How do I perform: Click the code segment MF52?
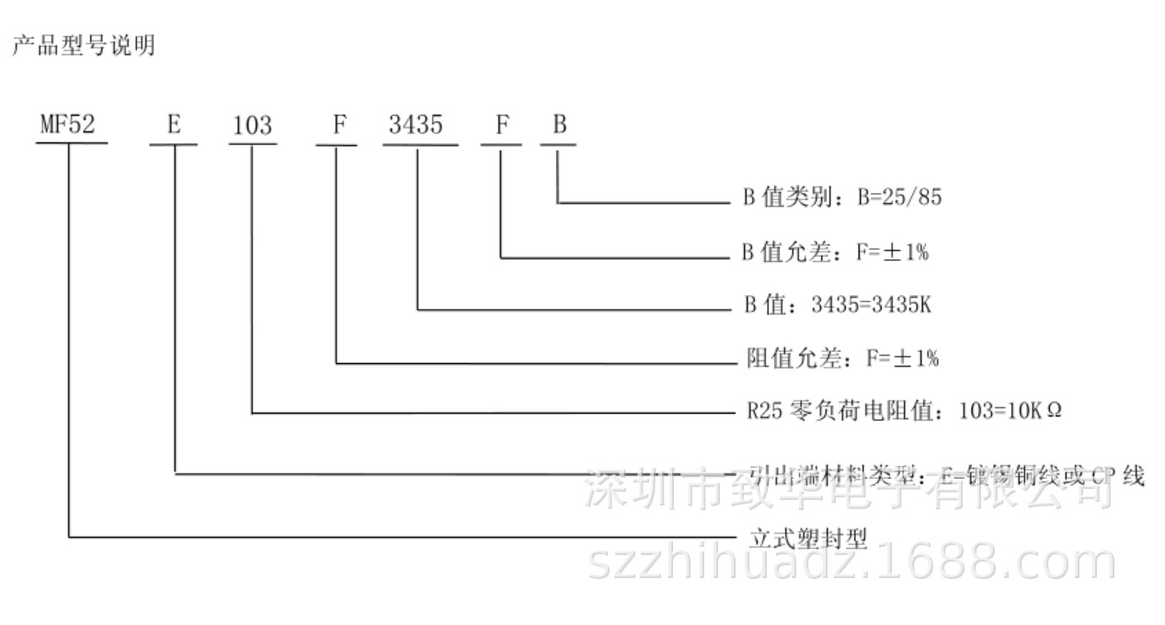point(67,125)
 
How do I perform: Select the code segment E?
point(174,125)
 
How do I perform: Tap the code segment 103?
point(251,125)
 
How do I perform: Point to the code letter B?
point(559,125)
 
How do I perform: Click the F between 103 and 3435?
point(338,125)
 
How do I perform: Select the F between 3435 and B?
point(502,125)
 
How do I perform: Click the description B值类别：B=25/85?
point(842,198)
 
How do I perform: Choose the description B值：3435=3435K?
point(837,305)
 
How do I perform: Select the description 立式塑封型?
point(807,538)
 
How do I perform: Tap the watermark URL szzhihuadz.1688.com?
point(851,562)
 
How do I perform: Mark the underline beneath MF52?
point(72,143)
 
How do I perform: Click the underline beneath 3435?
point(419,143)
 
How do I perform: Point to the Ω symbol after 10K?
point(1054,411)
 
